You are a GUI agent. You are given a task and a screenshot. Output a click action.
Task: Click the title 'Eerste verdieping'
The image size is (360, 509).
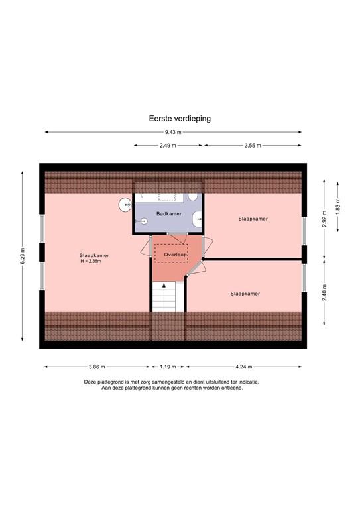click(180, 119)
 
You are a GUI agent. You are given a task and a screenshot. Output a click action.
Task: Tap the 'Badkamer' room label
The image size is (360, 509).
click(168, 213)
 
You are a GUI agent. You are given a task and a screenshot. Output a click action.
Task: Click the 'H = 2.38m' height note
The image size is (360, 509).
click(93, 262)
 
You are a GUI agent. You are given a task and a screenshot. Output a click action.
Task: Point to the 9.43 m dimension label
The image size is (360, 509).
click(173, 133)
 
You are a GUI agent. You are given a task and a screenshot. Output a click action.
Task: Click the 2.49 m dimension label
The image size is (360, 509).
click(168, 146)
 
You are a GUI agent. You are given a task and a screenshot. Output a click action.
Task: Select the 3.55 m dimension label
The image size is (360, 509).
click(253, 146)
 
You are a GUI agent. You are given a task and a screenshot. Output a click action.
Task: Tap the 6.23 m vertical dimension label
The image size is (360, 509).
click(23, 255)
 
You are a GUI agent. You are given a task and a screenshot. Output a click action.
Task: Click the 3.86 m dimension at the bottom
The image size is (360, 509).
click(97, 366)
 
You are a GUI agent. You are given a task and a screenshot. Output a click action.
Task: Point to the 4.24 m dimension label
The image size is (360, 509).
click(244, 366)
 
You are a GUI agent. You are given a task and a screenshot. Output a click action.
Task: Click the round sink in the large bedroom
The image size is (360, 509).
click(125, 204)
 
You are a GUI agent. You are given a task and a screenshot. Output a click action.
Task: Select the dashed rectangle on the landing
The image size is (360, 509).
click(171, 254)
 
